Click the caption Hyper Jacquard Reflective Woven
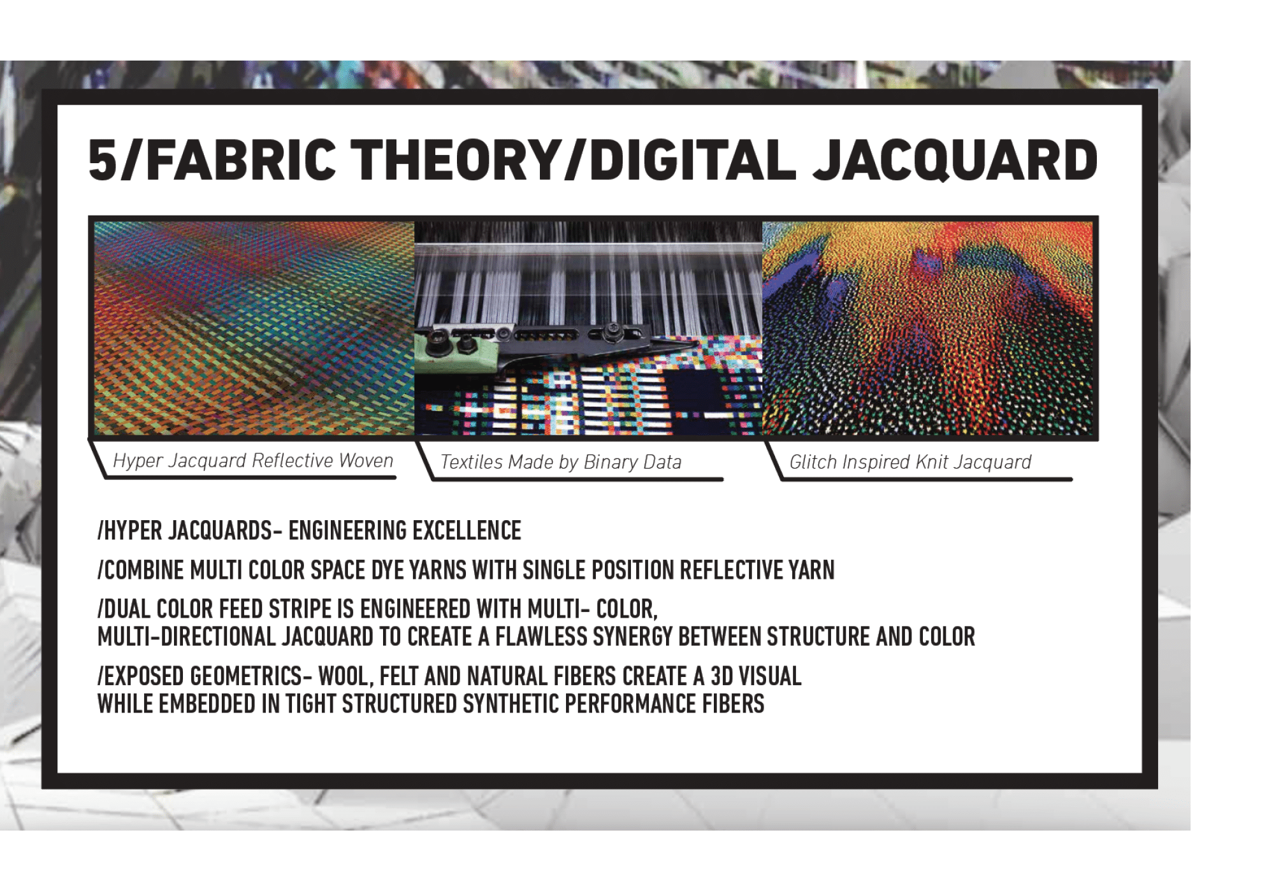pos(253,460)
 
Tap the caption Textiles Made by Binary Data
pos(561,461)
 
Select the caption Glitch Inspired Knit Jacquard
pos(910,461)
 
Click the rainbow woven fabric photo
pos(254,328)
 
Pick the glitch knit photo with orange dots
pos(927,328)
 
